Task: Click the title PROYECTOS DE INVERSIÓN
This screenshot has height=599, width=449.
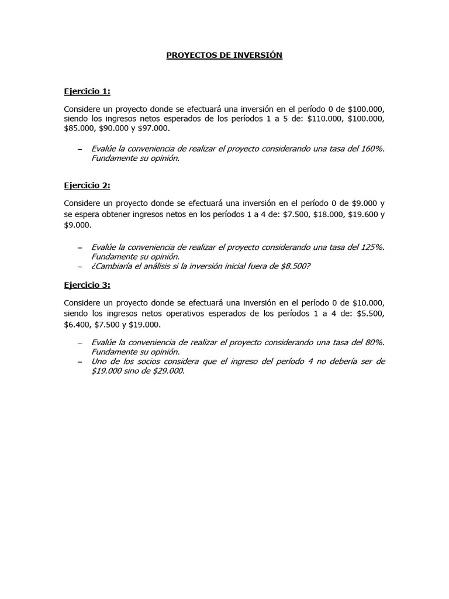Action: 224,55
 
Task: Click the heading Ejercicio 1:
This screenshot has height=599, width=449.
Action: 87,91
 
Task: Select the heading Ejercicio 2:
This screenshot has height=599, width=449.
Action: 87,185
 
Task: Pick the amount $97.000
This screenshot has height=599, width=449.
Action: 154,128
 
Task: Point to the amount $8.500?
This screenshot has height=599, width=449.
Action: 291,266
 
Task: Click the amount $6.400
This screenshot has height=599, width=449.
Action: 78,324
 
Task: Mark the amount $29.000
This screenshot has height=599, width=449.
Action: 167,371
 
